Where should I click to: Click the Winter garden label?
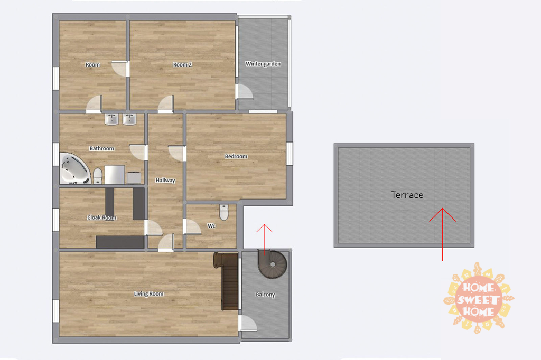[x=263, y=64]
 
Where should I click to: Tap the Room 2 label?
[x=182, y=64]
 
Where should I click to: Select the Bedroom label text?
[x=236, y=156]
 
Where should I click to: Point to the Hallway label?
[x=165, y=181]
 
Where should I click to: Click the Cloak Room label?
[x=101, y=217]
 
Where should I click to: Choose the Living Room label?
[x=148, y=294]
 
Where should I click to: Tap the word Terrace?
[x=407, y=195]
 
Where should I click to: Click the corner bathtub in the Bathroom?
[x=74, y=168]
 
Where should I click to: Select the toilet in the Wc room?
[x=224, y=212]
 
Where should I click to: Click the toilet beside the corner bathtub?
[x=98, y=176]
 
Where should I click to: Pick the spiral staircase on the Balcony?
[x=273, y=264]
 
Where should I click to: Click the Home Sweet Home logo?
[x=479, y=298]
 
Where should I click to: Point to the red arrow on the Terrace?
[x=442, y=234]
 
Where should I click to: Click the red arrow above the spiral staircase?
[x=264, y=240]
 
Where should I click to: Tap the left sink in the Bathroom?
[x=111, y=119]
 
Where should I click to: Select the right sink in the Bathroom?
[x=129, y=119]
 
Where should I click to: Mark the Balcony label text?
[x=265, y=295]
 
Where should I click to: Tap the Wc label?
[x=211, y=226]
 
